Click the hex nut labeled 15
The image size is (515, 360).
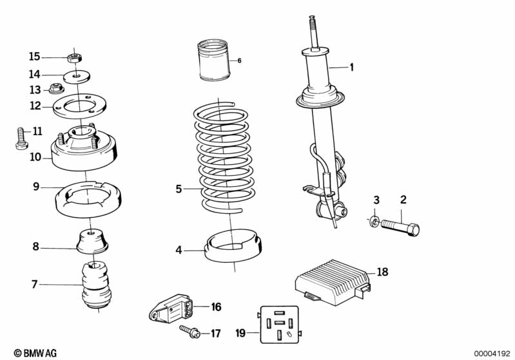[x=74, y=59]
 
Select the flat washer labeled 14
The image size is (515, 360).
[x=77, y=77]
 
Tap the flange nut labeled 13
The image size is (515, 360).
[x=55, y=88]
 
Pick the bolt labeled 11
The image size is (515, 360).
[x=22, y=138]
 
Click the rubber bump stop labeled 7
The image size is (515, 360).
[x=96, y=284]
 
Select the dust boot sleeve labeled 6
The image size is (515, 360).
[x=215, y=61]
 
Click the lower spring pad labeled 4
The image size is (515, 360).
[x=233, y=246]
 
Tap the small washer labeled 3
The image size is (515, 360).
[x=374, y=222]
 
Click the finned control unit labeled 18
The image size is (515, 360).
[x=333, y=281]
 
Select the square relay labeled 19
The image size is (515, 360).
[x=280, y=325]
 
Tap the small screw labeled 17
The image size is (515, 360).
[x=190, y=331]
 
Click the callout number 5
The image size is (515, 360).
[x=179, y=189]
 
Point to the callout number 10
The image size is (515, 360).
[x=35, y=157]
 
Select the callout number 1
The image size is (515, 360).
[x=352, y=67]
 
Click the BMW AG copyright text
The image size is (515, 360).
[x=35, y=353]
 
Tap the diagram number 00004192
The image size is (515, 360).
[x=492, y=354]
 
